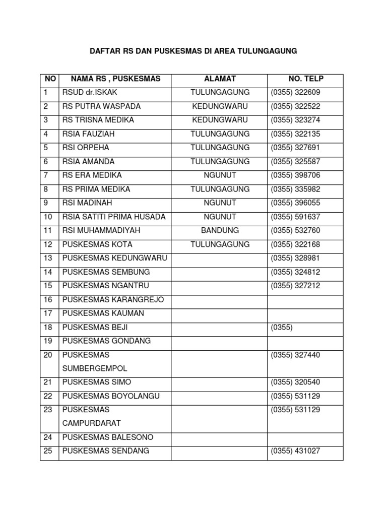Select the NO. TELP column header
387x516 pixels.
(306, 79)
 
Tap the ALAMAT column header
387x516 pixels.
(220, 79)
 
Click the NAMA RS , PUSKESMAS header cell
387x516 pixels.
(115, 79)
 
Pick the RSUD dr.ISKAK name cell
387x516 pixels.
(90, 93)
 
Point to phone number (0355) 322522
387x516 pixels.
(295, 106)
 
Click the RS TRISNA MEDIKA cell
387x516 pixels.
(98, 120)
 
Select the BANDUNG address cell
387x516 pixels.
(220, 230)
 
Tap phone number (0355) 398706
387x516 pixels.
(295, 175)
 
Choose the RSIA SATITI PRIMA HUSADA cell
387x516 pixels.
(114, 217)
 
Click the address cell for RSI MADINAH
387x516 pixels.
(220, 203)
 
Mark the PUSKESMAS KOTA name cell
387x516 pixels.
(97, 244)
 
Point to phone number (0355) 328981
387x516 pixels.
(295, 258)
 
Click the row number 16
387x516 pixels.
(48, 299)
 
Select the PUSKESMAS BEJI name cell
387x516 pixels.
(95, 327)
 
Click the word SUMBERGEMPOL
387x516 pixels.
(95, 368)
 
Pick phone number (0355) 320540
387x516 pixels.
(295, 382)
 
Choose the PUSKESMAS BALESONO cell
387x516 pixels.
(108, 437)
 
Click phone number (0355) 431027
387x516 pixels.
(295, 450)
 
